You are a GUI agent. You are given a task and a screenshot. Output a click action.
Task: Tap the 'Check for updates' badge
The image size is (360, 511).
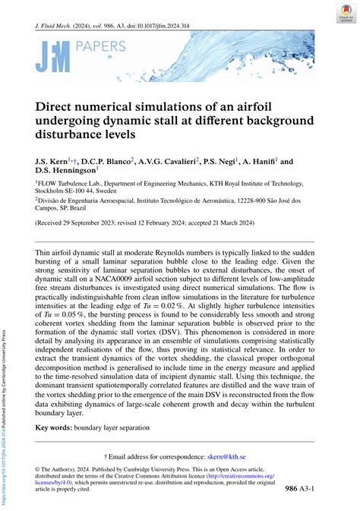346,16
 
